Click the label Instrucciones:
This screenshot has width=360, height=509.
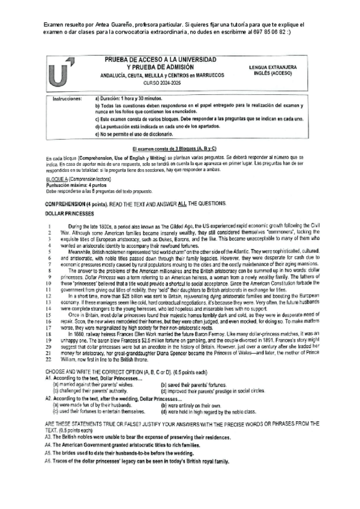(67, 97)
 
